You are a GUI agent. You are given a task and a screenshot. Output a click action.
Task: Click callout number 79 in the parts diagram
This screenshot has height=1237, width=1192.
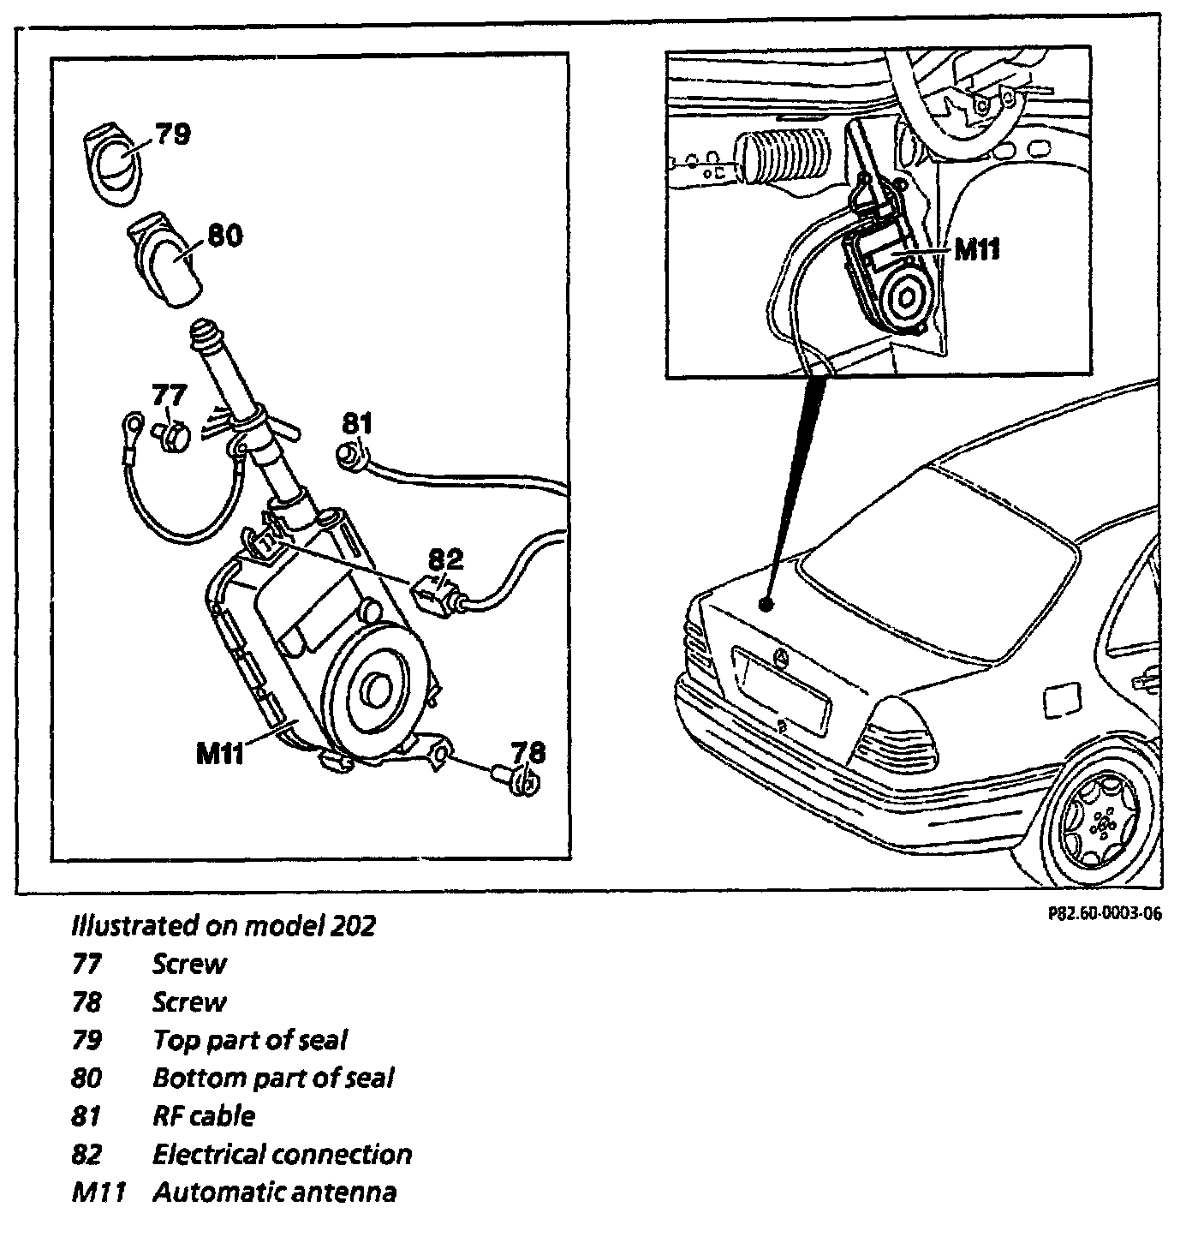[172, 134]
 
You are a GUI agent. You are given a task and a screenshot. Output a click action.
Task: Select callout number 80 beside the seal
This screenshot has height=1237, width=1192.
[224, 236]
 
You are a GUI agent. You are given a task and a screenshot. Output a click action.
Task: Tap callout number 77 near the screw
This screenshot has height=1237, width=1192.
[169, 395]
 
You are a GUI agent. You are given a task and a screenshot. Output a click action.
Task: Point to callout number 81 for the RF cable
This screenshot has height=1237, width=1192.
[357, 422]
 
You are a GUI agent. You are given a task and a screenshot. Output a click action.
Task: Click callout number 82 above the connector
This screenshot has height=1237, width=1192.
[445, 559]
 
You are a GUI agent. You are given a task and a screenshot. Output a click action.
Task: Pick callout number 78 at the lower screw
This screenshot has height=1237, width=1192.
[527, 753]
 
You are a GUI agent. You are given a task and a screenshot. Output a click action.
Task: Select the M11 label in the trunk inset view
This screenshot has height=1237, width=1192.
[977, 249]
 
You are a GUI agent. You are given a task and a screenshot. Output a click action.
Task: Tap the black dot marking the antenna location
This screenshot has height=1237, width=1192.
[766, 605]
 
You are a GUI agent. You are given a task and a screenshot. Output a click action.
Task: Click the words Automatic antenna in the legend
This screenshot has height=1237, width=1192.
[274, 1192]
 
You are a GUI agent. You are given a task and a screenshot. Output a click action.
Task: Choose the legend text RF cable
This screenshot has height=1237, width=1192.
[203, 1115]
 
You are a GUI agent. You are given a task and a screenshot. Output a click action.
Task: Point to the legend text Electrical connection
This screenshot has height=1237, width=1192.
[282, 1154]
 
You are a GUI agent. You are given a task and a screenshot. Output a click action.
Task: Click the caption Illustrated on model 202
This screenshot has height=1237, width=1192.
[223, 925]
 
